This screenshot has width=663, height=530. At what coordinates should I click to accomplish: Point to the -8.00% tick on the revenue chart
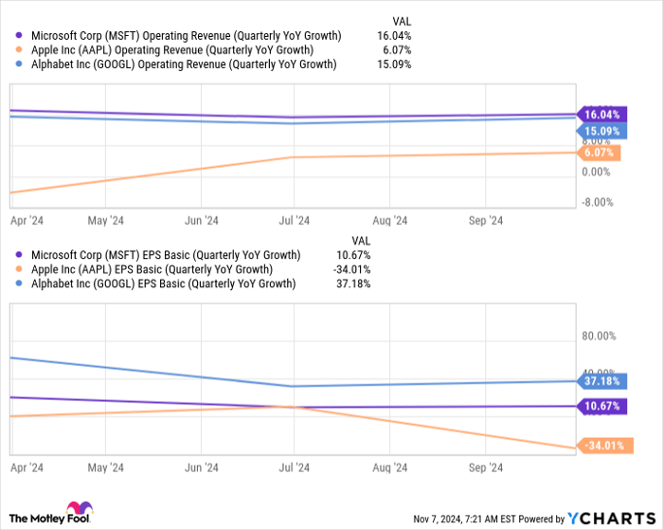point(599,202)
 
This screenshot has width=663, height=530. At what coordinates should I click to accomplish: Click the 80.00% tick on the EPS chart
point(599,336)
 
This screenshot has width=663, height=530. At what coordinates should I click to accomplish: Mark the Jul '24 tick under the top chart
point(295,220)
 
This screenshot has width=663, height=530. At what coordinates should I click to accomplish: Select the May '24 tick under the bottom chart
point(105,468)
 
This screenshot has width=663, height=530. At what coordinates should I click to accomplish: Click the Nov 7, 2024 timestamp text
point(467,519)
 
